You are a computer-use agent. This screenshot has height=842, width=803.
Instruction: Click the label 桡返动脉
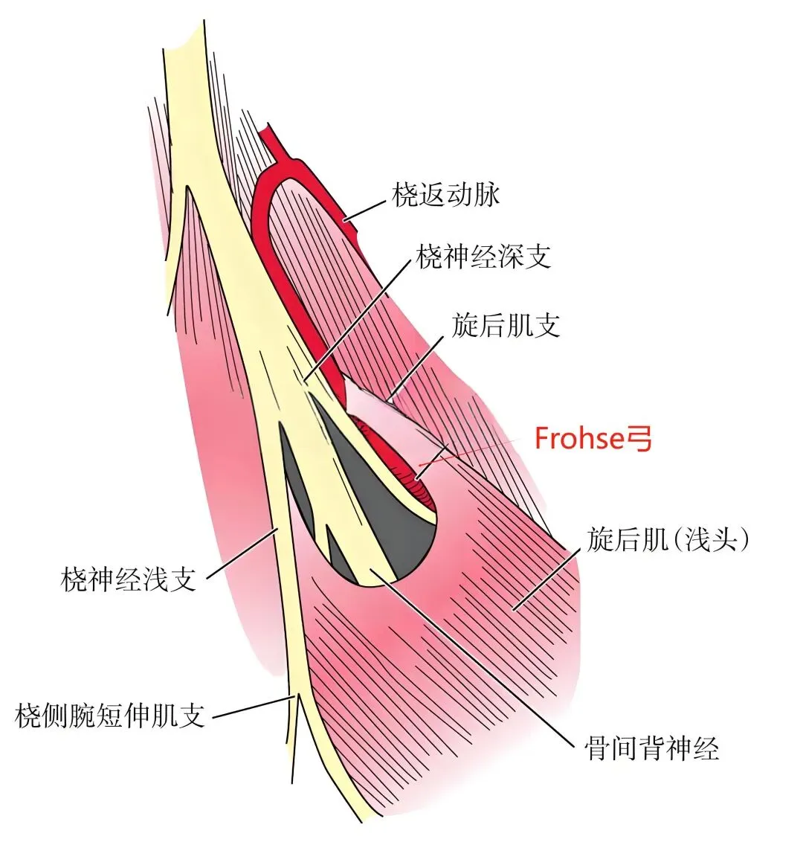click(x=446, y=195)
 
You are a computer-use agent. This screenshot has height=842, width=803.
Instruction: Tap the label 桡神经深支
click(x=483, y=258)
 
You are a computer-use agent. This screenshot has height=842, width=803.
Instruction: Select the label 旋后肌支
click(x=506, y=326)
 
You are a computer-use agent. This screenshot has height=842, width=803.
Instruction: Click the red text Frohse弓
click(x=593, y=439)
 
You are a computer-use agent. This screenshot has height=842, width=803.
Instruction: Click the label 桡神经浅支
click(x=128, y=578)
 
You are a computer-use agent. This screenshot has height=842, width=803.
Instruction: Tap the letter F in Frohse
click(x=542, y=439)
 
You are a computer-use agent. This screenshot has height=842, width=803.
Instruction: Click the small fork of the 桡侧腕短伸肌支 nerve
click(x=296, y=703)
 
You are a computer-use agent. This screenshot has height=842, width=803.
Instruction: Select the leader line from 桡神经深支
click(x=357, y=320)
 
